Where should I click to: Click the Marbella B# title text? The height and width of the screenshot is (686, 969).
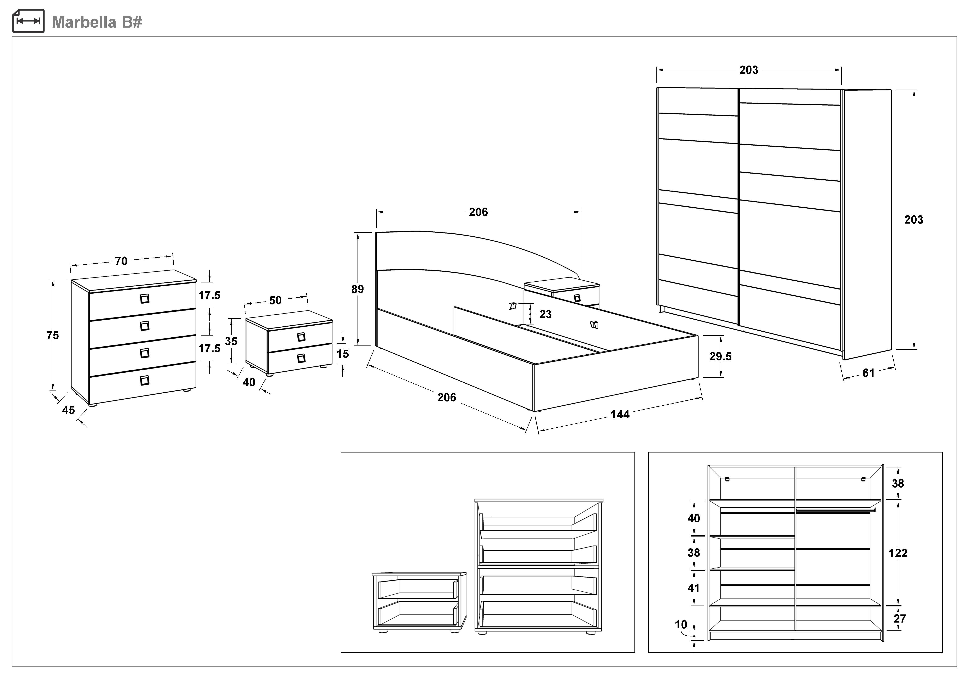point(97,22)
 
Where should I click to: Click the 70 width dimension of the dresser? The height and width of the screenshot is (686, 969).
point(121,261)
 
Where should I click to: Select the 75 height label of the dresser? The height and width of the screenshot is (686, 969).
point(53,335)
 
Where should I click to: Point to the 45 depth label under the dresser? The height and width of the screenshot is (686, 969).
point(68,410)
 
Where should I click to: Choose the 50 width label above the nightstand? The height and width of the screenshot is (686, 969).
point(275,300)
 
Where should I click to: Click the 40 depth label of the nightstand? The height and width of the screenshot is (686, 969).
point(249,382)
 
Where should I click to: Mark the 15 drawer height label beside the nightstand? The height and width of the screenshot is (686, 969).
point(343,354)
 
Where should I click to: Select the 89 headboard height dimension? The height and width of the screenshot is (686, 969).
point(358,289)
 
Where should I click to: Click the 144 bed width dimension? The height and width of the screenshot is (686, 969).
point(620,414)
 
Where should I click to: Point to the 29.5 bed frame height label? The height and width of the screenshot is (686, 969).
point(720,356)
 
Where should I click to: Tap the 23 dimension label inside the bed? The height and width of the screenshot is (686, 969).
point(545,314)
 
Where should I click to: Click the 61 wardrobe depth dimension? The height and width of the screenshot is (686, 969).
point(868,373)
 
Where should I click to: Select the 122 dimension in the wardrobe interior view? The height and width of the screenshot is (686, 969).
point(898,553)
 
